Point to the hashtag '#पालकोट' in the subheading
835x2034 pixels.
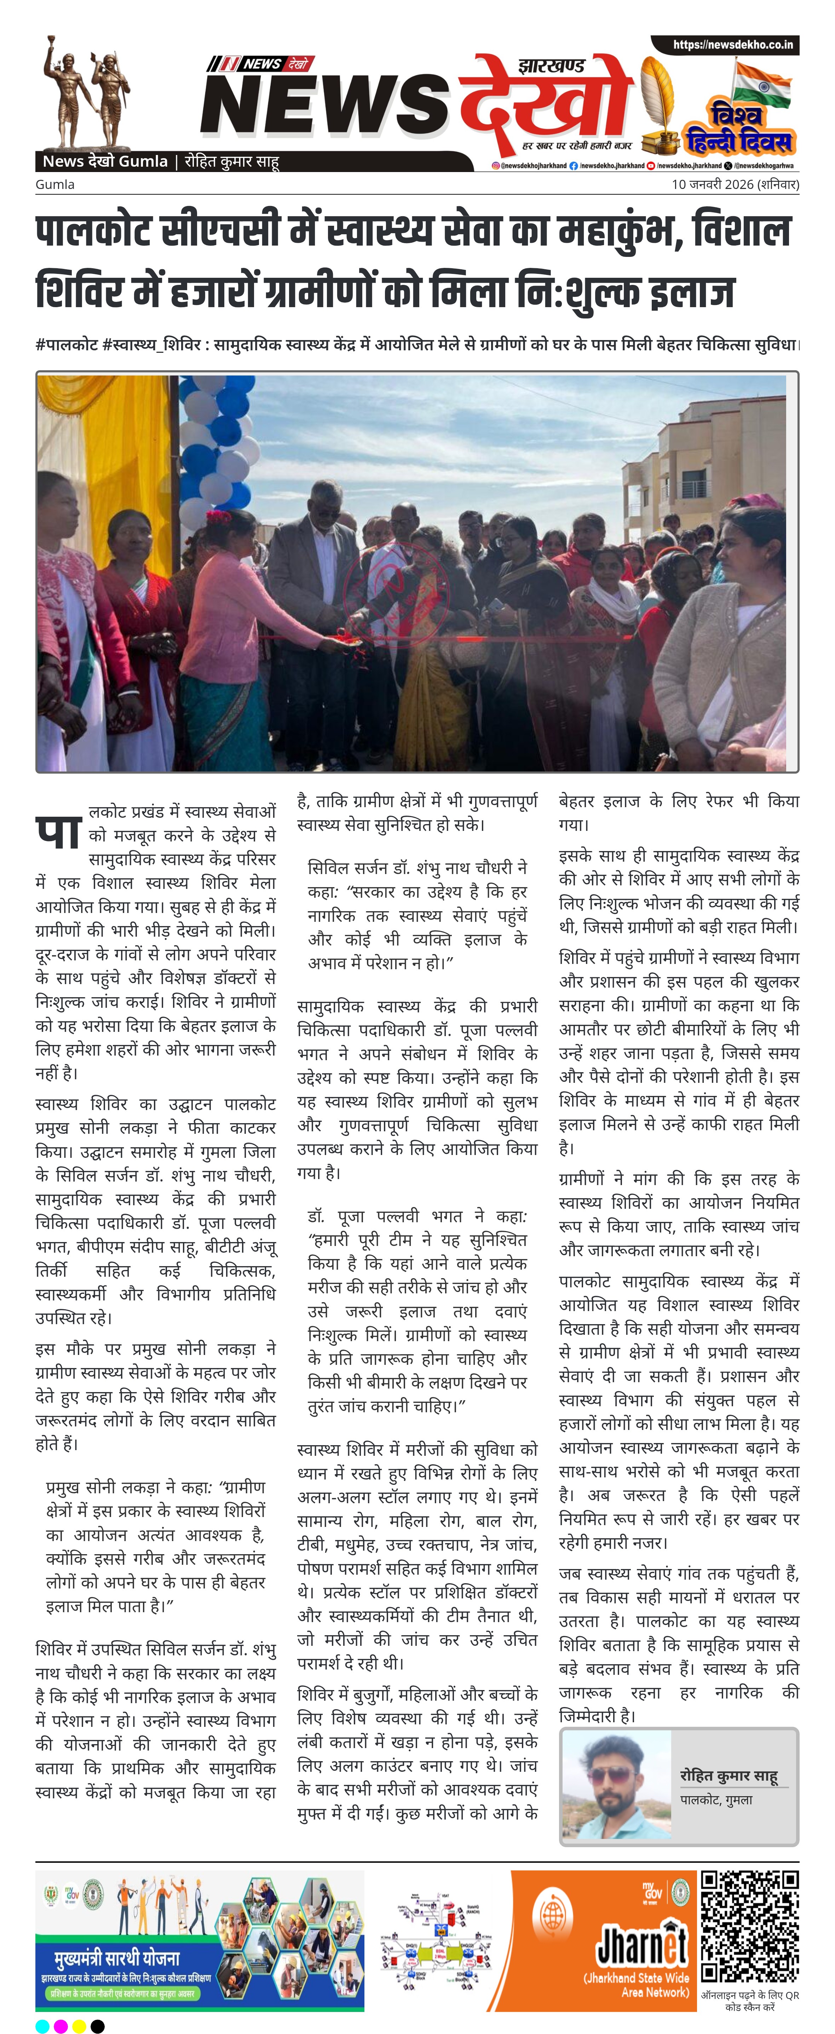[x=67, y=345]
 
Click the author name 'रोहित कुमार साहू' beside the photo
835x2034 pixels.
[x=729, y=1777]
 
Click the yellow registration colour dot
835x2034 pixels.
[x=79, y=2025]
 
